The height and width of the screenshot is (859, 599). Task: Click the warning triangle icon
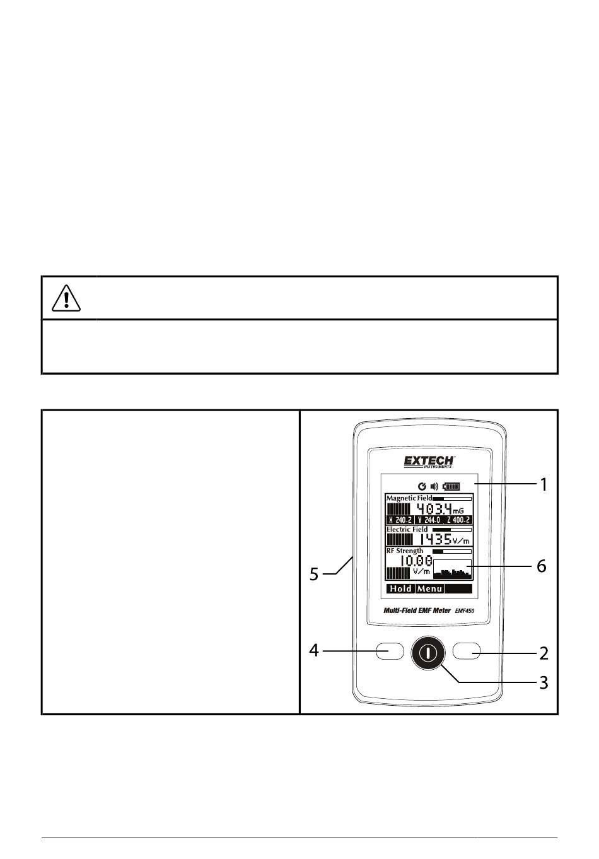(x=66, y=299)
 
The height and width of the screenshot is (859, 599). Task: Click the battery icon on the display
(x=451, y=487)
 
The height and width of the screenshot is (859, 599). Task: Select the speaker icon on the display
(x=434, y=487)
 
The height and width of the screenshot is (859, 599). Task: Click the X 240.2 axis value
(x=400, y=520)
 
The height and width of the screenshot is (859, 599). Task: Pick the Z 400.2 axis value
(x=458, y=520)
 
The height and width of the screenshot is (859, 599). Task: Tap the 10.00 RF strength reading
(x=416, y=561)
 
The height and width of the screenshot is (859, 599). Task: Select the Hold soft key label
(x=401, y=588)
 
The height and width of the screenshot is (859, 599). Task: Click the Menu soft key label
(x=429, y=588)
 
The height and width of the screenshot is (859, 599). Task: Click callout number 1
(x=544, y=485)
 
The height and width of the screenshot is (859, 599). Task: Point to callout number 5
(x=314, y=574)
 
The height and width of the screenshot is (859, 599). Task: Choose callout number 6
(x=541, y=566)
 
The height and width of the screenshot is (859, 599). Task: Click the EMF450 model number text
(x=465, y=611)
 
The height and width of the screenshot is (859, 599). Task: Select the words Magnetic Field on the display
(x=409, y=498)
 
